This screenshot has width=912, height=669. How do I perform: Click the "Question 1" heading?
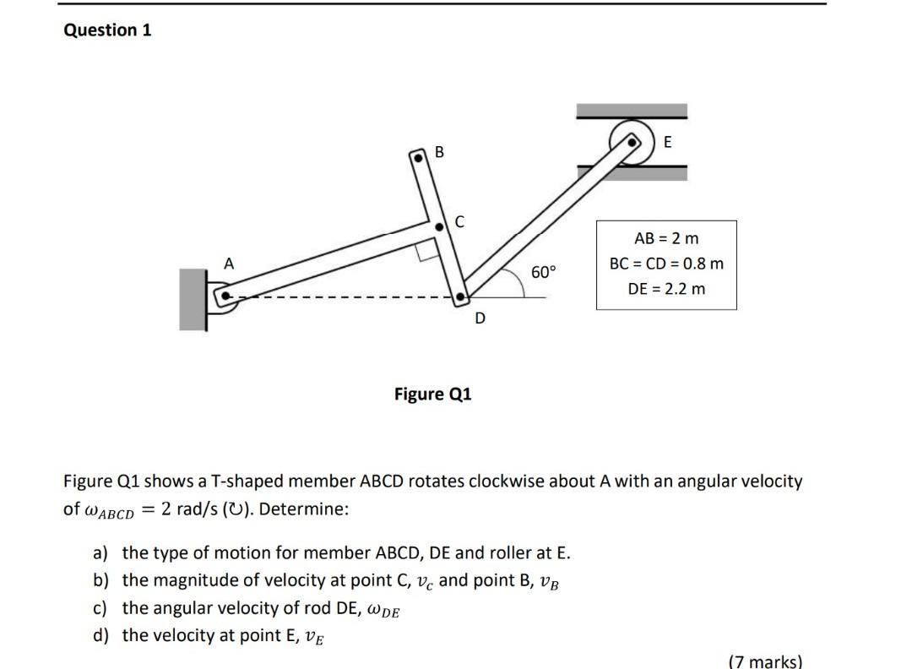coord(108,30)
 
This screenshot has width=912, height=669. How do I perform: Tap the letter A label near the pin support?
coord(228,264)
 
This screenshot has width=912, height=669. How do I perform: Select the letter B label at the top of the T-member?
coord(439,152)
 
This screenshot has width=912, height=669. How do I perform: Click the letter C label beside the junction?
coord(459,222)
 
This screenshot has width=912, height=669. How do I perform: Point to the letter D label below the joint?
coord(480,318)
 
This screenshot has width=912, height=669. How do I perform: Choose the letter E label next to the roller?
coord(668,143)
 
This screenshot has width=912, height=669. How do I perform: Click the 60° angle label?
coord(545,272)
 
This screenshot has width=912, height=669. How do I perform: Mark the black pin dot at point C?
coord(438,227)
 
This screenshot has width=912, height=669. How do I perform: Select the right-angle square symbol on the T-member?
coord(427,250)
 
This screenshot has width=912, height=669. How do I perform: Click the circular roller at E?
coord(632,141)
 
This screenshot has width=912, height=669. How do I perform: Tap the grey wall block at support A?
coord(193,299)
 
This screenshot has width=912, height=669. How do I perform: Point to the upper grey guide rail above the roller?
coord(631,111)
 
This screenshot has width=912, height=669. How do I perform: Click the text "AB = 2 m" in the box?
coord(666,239)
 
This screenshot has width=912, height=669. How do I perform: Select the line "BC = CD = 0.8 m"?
coord(666,264)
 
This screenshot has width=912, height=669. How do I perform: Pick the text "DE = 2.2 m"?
coord(666,289)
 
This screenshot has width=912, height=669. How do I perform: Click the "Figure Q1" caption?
coord(433,394)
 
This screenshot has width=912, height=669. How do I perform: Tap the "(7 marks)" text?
coord(764,661)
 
